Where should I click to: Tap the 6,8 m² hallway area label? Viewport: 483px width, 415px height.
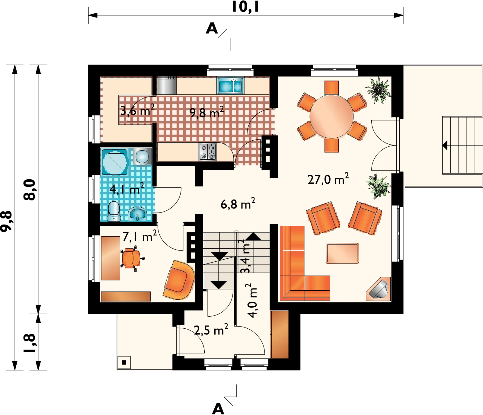pos(238,204)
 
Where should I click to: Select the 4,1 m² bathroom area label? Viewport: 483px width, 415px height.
pos(127,189)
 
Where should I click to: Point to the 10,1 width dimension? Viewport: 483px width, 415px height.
pos(245,7)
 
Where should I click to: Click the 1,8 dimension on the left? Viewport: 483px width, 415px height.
pos(30,343)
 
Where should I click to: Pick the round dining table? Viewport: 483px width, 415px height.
pos(331,116)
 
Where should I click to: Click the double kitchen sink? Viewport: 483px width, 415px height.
pos(230,86)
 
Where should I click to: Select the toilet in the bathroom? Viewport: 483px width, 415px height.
pos(114,211)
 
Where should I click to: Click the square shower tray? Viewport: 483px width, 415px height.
pos(115,162)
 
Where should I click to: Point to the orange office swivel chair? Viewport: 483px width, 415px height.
pos(132,258)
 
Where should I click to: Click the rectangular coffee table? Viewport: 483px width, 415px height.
pos(342,253)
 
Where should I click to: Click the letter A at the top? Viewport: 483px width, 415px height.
pos(212,29)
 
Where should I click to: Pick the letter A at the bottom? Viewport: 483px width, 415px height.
pos(218,409)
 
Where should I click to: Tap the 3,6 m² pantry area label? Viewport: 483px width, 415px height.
pos(137,110)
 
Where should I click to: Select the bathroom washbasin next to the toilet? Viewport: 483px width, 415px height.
pos(137,214)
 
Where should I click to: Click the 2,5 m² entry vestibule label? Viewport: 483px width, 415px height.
pos(211,330)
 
